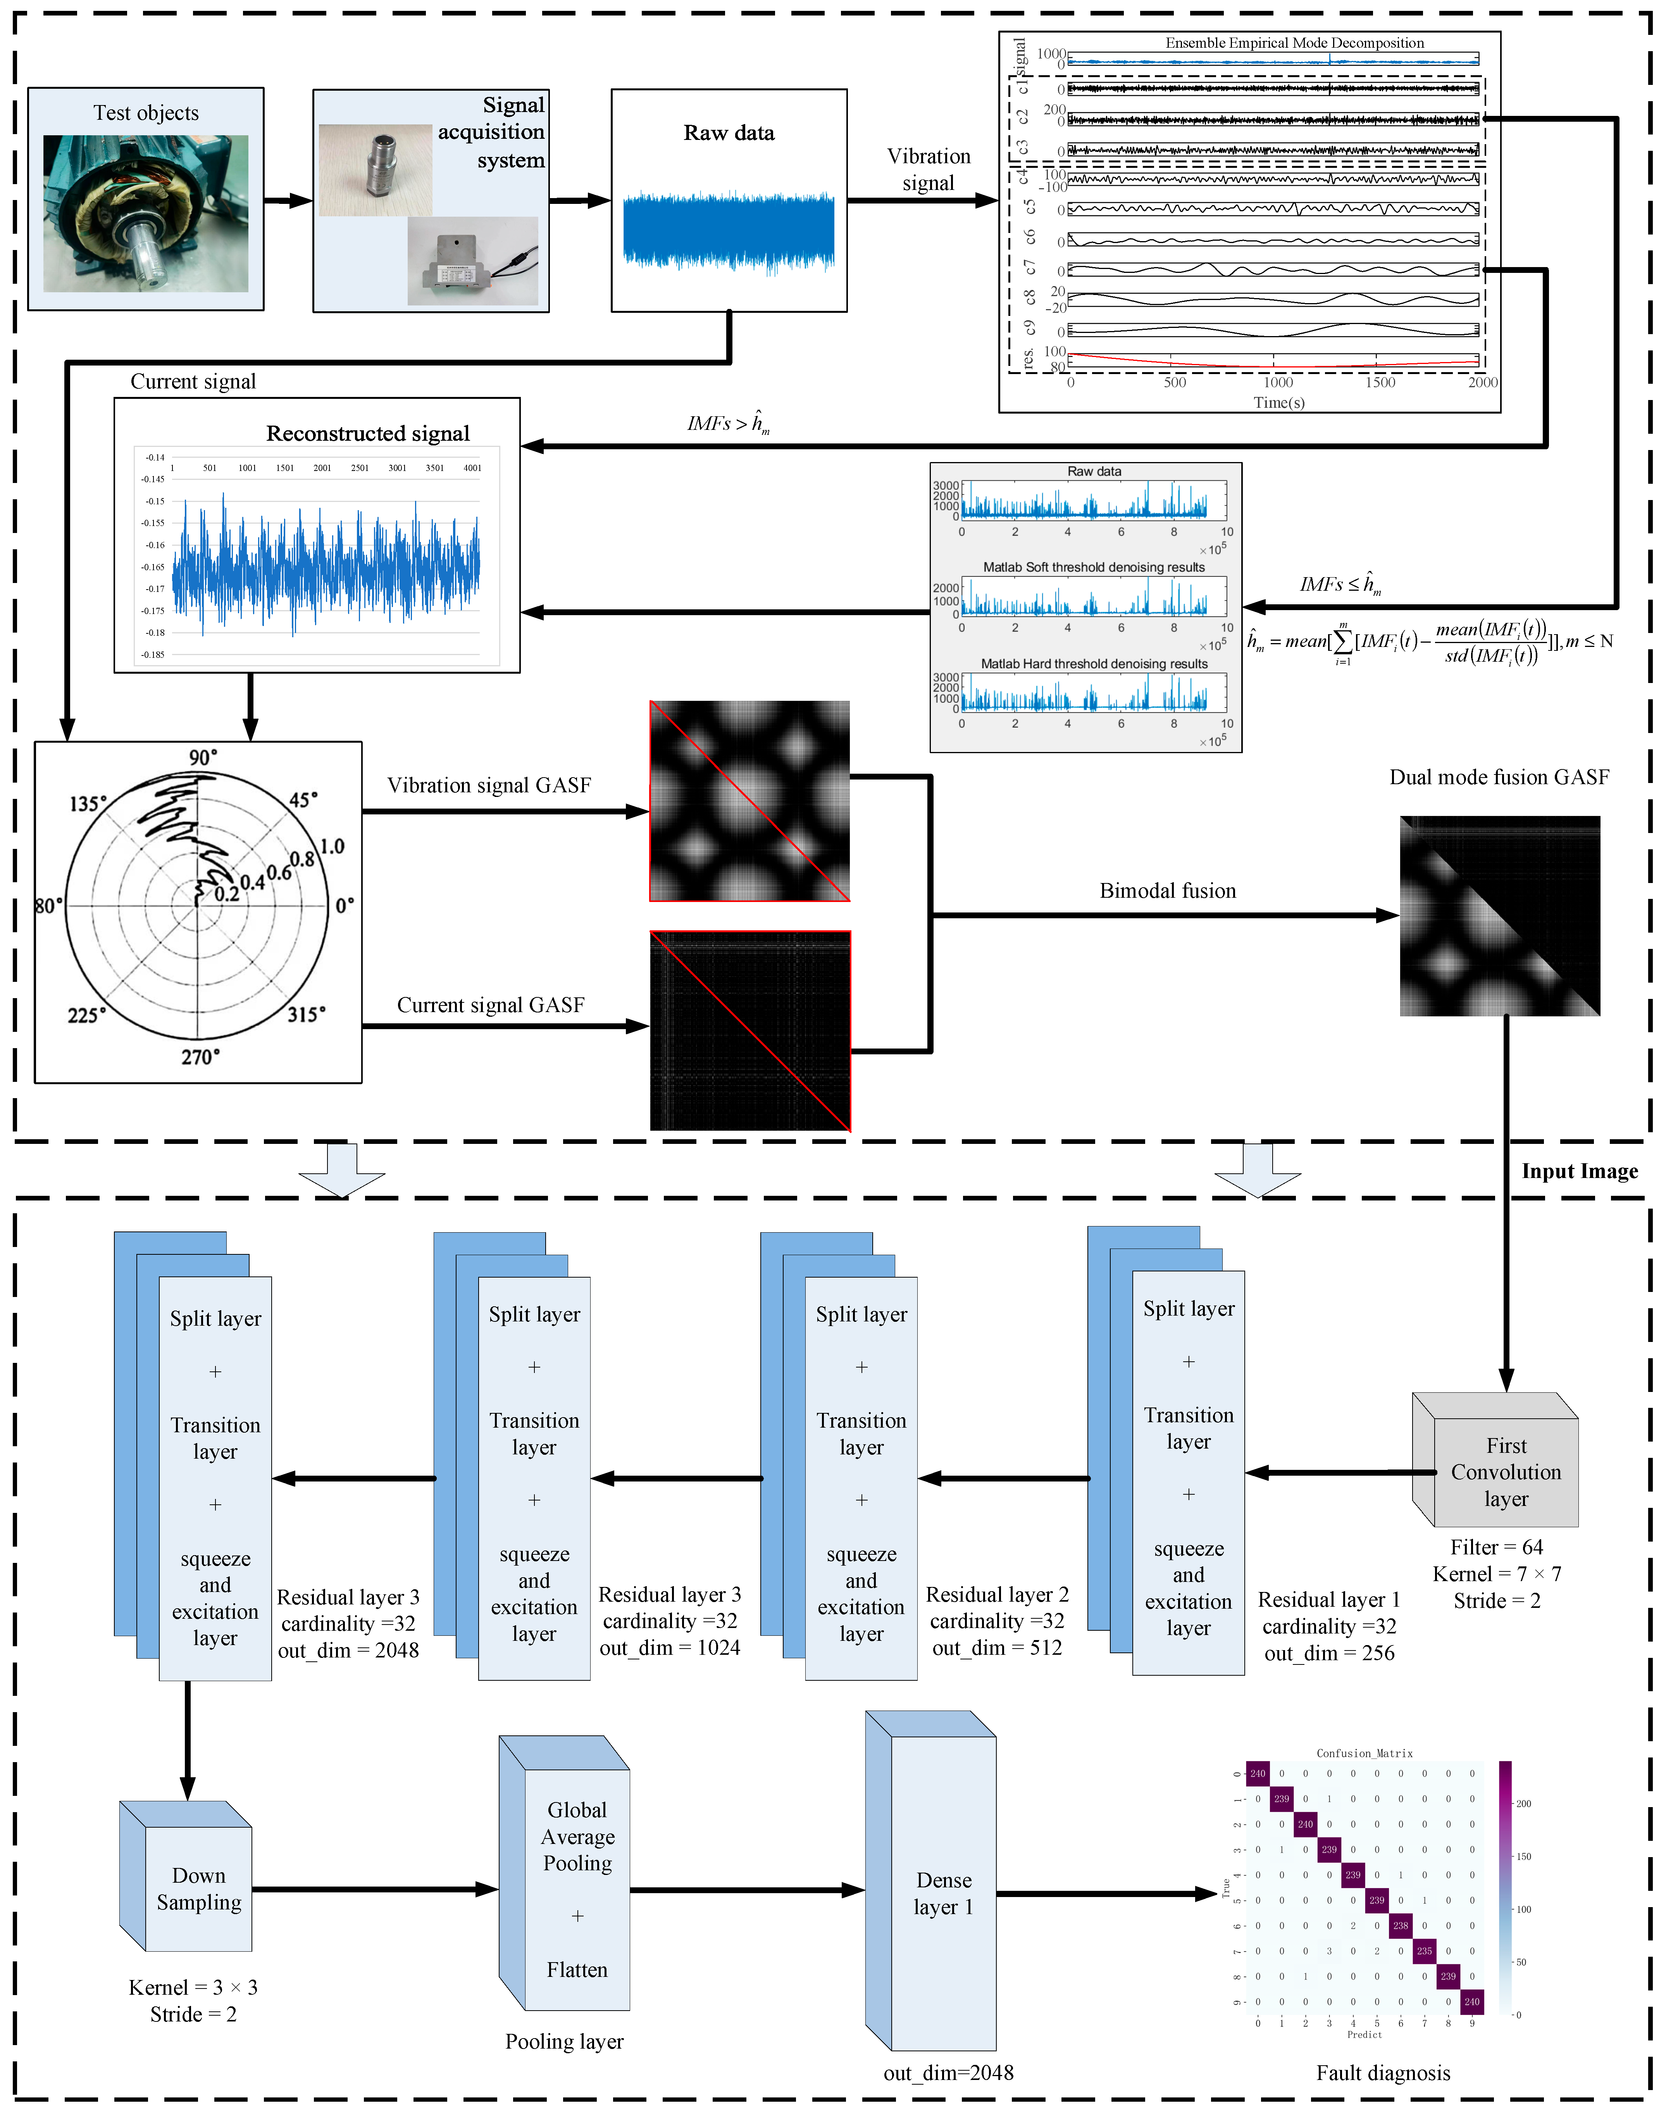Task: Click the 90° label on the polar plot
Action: [x=203, y=757]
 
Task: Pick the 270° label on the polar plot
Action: [x=200, y=1057]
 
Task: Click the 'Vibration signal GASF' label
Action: [x=489, y=785]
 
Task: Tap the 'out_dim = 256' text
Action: [x=1328, y=1652]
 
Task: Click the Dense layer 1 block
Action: [x=942, y=1892]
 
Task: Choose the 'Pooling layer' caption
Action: [x=564, y=2041]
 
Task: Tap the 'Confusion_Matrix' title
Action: [x=1364, y=1753]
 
